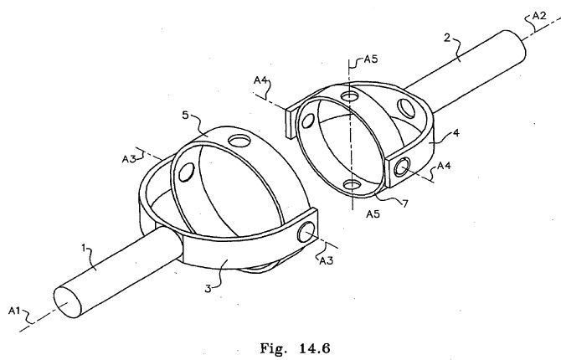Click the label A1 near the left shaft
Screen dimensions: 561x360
[14, 311]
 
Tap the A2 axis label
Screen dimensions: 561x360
[539, 16]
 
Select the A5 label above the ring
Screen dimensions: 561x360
[371, 59]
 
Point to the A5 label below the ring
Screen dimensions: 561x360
[373, 213]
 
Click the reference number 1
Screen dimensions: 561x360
[84, 248]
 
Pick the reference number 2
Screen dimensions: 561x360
[447, 38]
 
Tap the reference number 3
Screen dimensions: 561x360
[208, 288]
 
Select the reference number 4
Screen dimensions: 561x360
[455, 133]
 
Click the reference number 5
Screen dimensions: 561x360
[185, 116]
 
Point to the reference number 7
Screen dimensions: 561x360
[405, 203]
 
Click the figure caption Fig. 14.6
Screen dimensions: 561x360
[295, 347]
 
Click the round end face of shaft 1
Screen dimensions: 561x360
[68, 302]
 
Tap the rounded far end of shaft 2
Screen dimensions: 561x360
[517, 44]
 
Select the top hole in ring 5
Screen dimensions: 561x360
[238, 141]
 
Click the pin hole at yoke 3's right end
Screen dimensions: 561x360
[306, 232]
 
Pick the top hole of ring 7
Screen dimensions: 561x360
[349, 96]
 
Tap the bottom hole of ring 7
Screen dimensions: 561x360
[353, 185]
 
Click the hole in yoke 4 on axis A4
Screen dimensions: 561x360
[402, 167]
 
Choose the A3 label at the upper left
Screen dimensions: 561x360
[129, 159]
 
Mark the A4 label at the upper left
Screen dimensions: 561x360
[261, 80]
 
